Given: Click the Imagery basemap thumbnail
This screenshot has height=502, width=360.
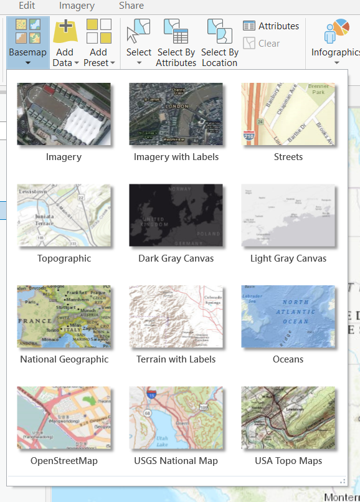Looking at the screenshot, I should coord(64,115).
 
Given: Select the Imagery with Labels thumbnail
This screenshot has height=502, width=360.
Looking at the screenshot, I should coord(176,115).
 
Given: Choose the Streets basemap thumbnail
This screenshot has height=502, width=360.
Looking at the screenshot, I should coord(288,115).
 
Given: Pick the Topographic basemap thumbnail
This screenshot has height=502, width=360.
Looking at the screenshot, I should coord(64,215).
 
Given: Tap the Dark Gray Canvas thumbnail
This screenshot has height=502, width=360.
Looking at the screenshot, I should coord(176,215).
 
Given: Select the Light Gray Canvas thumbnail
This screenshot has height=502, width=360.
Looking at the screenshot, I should coord(288,215).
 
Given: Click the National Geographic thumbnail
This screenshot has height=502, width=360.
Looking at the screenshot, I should coord(64,316).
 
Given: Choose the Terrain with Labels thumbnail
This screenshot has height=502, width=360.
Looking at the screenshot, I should coord(176,316).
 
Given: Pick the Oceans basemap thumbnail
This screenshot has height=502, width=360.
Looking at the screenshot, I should coord(288,316).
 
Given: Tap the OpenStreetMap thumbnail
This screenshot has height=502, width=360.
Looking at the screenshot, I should coord(64,418).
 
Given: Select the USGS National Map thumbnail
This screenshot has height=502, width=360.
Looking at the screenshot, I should coord(176,418).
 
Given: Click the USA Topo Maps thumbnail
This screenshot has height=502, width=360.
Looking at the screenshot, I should coord(288,418).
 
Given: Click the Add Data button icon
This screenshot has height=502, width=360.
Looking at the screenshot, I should coord(65,32).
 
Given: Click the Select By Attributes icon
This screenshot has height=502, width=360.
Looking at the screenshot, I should coord(176,32).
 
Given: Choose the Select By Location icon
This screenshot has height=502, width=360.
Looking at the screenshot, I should coord(219,32).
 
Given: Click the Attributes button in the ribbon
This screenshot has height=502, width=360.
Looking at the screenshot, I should coord(271,26).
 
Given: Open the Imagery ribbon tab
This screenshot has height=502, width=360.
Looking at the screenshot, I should coord(77,6).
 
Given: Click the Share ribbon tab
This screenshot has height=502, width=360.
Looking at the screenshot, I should coord(131,6).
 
